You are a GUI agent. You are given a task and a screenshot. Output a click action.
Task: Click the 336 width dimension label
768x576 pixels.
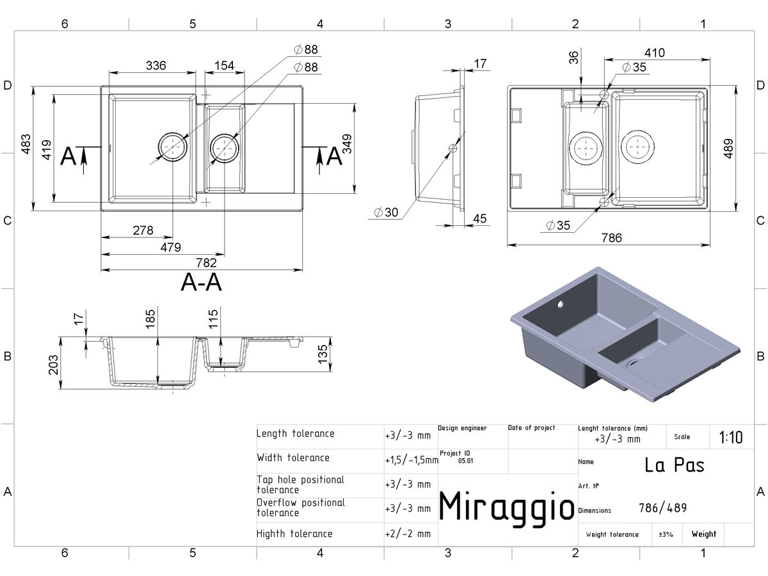[x=156, y=65]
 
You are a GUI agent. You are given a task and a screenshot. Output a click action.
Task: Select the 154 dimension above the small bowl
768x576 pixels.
[x=224, y=65]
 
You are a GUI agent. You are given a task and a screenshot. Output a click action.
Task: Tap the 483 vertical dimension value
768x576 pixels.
[x=26, y=144]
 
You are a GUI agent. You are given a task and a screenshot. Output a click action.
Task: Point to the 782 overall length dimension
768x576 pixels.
[x=207, y=262]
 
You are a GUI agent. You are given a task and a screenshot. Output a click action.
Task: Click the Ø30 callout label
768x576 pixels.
[x=386, y=212]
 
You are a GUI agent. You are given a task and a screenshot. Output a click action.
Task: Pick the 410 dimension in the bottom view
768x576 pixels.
[x=654, y=53]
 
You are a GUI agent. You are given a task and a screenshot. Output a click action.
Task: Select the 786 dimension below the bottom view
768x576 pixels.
[x=612, y=238]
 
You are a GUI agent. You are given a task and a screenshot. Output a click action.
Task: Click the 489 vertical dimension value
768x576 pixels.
[x=728, y=148]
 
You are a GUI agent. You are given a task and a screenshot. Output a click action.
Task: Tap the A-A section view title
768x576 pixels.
[x=201, y=282]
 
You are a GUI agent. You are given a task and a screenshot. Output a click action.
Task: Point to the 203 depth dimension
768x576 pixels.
[x=53, y=365]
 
